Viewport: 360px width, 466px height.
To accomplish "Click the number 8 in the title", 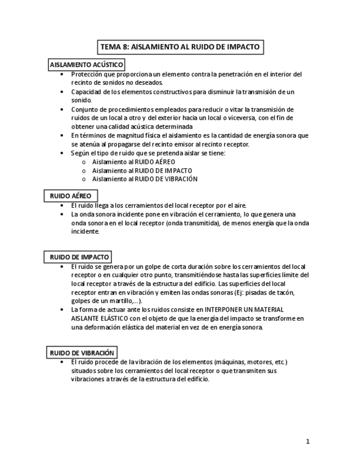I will point(125,47).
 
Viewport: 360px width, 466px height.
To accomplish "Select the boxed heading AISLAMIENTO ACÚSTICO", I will point(86,65).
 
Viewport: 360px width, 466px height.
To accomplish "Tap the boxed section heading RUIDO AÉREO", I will point(71,196).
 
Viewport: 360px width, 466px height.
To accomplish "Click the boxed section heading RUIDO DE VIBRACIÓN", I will point(81,353).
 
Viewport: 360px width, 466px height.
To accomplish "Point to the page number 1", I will point(308,441).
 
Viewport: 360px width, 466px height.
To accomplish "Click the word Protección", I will point(88,74).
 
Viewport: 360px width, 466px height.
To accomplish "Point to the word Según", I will point(80,153).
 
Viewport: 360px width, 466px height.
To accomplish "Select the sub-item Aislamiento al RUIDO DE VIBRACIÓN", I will point(145,179).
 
